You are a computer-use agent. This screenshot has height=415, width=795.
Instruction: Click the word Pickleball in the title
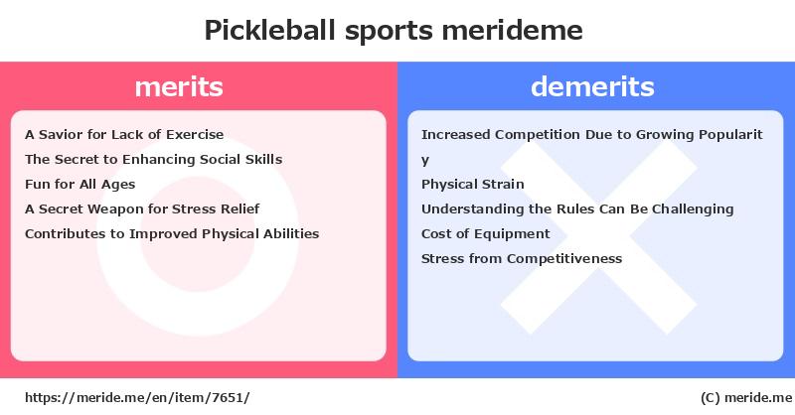click(x=269, y=31)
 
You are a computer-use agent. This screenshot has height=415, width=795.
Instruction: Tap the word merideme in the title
click(x=512, y=31)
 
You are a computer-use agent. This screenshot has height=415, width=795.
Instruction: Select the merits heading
click(x=179, y=86)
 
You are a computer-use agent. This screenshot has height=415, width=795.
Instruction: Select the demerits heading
click(x=592, y=86)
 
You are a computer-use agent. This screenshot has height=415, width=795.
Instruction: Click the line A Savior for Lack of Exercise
click(x=124, y=134)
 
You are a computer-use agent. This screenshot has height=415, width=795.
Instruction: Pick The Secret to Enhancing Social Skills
click(x=154, y=159)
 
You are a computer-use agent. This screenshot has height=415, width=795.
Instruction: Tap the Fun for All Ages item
click(x=80, y=185)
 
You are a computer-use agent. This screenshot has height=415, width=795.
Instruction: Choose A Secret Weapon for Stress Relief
click(x=142, y=208)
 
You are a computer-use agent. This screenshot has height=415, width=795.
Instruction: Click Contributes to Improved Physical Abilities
click(x=172, y=233)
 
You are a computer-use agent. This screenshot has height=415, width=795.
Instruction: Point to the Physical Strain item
click(x=473, y=184)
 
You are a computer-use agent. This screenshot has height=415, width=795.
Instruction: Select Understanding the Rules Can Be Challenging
click(x=577, y=209)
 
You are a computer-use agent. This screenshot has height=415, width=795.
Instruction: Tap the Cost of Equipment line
click(x=486, y=233)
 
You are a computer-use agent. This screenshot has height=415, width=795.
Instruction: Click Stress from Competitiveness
click(x=522, y=258)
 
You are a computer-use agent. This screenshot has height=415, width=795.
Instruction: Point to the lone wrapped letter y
click(x=425, y=161)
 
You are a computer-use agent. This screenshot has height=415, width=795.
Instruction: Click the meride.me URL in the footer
click(x=137, y=397)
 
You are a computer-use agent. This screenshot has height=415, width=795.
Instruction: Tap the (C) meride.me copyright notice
click(x=746, y=398)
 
